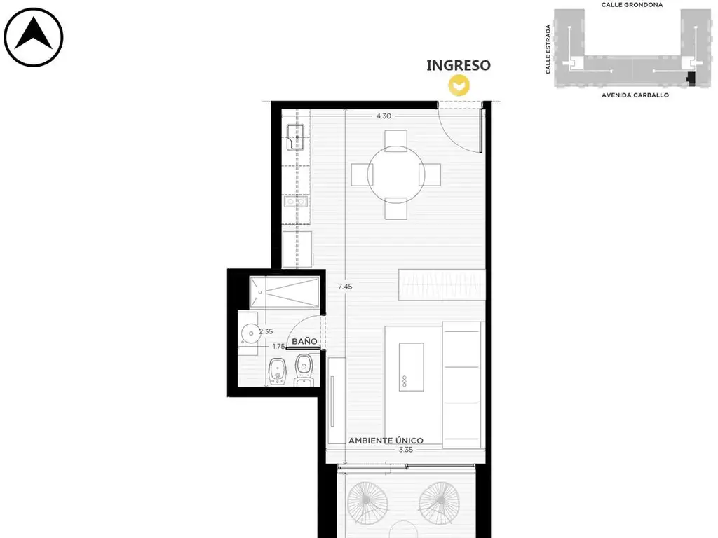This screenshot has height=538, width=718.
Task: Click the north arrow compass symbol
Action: point(34,37)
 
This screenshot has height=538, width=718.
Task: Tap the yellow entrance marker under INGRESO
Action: point(459,85)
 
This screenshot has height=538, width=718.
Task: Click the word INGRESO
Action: point(459,65)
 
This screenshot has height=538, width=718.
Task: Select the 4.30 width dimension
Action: point(384,116)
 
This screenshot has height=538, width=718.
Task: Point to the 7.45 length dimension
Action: point(345,287)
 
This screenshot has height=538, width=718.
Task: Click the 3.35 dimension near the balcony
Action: point(406,450)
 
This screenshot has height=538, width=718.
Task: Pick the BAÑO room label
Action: point(304,341)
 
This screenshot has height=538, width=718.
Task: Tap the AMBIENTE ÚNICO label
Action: point(386,440)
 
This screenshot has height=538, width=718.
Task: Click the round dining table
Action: point(396,174)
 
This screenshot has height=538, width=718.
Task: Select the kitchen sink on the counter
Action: point(296,137)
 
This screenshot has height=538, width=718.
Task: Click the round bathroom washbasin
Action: point(250,333)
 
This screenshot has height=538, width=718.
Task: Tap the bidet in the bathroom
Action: point(277,371)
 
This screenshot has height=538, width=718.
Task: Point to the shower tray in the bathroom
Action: point(285,292)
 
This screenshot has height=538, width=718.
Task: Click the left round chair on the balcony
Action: point(367,503)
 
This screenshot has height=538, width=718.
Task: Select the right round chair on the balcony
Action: point(439,503)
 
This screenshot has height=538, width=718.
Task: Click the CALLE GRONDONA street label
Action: point(632,5)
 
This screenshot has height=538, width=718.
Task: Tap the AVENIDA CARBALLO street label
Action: point(635,95)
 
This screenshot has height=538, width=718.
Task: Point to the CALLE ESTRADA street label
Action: point(548,50)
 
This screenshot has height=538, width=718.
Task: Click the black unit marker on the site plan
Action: point(691,78)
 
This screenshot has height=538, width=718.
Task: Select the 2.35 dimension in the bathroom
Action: point(266,331)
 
